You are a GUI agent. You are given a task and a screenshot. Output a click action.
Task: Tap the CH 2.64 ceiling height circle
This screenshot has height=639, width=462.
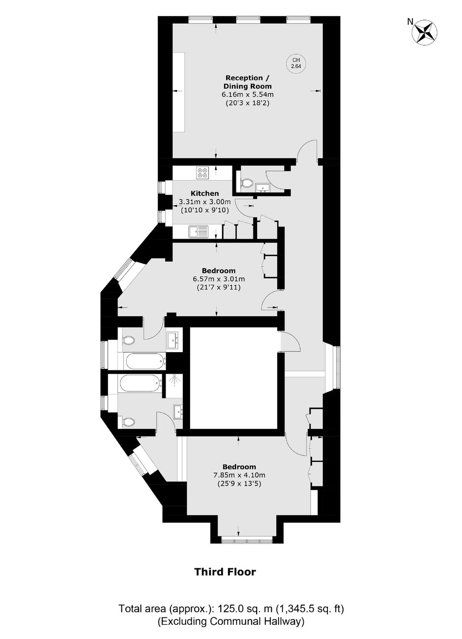coord(295,63)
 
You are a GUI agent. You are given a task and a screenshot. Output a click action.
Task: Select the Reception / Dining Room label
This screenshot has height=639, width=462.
coord(248,82)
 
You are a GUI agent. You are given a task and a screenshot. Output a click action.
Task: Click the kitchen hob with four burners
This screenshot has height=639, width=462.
coord(203,172)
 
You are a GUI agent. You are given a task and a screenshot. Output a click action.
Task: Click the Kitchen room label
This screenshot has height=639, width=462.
coord(204,194)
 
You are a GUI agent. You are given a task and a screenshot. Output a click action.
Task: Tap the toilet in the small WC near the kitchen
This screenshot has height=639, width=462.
coord(247,183)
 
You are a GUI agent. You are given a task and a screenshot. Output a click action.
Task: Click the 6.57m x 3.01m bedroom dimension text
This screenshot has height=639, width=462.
coord(219,278)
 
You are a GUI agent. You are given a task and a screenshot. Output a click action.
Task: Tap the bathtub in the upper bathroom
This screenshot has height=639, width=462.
coord(145,361)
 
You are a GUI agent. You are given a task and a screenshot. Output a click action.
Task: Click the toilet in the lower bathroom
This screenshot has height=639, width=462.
coord(128,421)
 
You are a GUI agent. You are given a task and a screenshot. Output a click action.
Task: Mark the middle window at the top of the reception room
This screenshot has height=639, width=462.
coord(248,19)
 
